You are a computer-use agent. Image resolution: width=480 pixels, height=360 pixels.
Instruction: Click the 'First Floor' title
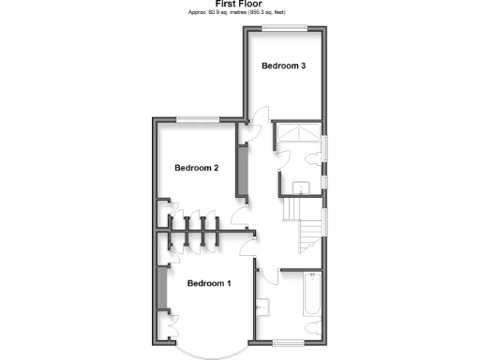coord(240,4)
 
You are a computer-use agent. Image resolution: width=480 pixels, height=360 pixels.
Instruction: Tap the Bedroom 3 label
coord(284,66)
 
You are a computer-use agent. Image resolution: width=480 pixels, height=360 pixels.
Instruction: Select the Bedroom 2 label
coord(197,169)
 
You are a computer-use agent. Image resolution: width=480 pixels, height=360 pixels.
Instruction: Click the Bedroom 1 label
coord(209,283)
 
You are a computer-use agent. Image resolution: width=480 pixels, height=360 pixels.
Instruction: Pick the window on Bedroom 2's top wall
coord(197,118)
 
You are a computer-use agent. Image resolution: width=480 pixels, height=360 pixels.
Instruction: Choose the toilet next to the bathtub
coord(311,328)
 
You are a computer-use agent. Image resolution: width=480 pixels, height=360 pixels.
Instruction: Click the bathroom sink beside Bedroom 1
coord(262,306)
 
